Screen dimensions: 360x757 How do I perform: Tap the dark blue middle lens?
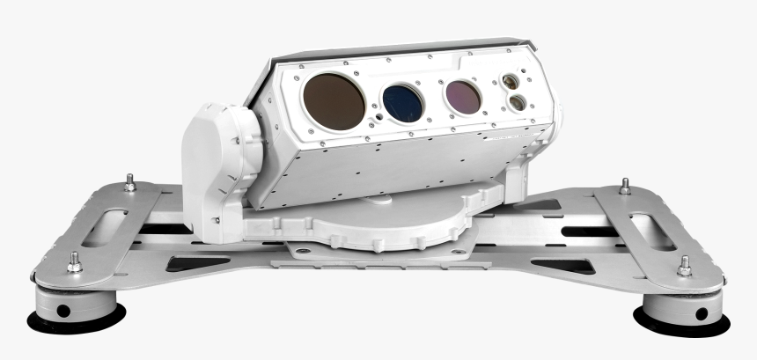point(403,102)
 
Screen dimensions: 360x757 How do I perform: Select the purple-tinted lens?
point(462,97)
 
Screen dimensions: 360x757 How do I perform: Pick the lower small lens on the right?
point(518,102)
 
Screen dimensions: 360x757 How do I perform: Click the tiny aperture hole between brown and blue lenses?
point(377,114)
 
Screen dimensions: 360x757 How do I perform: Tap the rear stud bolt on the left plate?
point(129,182)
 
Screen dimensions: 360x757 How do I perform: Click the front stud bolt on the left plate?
point(74,261)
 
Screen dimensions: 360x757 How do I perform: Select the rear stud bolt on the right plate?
point(625,186)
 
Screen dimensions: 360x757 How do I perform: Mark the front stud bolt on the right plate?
point(684,265)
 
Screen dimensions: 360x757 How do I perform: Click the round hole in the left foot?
point(62,311)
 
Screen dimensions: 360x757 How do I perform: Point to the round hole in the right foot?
point(701,313)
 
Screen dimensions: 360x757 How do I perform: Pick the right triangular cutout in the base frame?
point(563,265)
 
